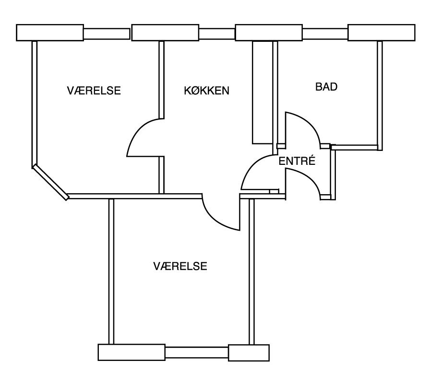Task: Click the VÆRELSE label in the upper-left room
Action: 94,90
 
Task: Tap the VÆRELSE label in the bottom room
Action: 180,266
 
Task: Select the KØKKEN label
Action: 206,90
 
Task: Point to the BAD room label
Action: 326,87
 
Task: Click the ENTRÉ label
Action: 297,161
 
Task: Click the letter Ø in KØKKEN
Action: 195,90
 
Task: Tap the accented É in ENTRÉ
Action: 311,160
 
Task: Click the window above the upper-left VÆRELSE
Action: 107,34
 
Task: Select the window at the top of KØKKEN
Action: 217,34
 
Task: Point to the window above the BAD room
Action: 325,34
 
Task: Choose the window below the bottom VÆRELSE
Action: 197,352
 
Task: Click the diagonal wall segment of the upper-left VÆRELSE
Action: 50,182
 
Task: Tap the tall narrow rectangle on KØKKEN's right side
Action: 262,92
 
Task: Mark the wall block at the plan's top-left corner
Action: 50,33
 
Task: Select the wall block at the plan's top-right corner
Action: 381,33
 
